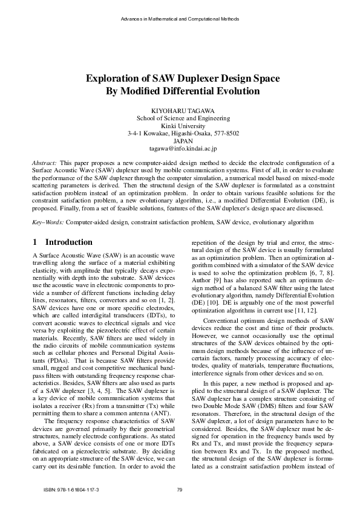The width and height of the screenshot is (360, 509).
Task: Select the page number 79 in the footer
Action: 180,489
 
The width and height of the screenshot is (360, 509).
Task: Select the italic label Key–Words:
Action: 48,223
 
